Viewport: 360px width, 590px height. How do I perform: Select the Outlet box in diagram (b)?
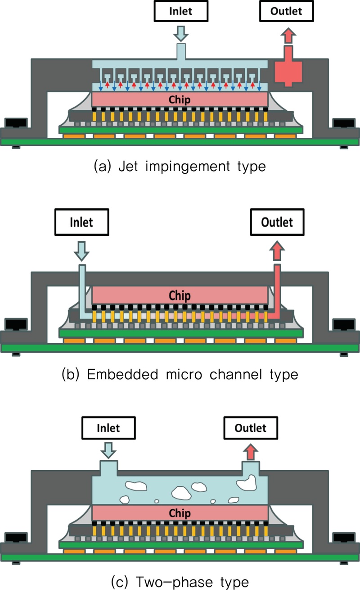pos(278,222)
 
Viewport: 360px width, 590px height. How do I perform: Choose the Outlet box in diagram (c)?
pos(251,427)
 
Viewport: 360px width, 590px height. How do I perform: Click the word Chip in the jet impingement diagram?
pos(180,99)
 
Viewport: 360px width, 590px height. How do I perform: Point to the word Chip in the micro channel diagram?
pos(180,296)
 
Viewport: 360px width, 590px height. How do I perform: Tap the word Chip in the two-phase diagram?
pos(180,513)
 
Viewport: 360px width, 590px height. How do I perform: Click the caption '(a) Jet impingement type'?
pos(180,166)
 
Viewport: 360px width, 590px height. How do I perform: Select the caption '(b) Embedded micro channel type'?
pos(180,374)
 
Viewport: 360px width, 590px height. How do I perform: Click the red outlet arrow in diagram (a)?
pos(288,36)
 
